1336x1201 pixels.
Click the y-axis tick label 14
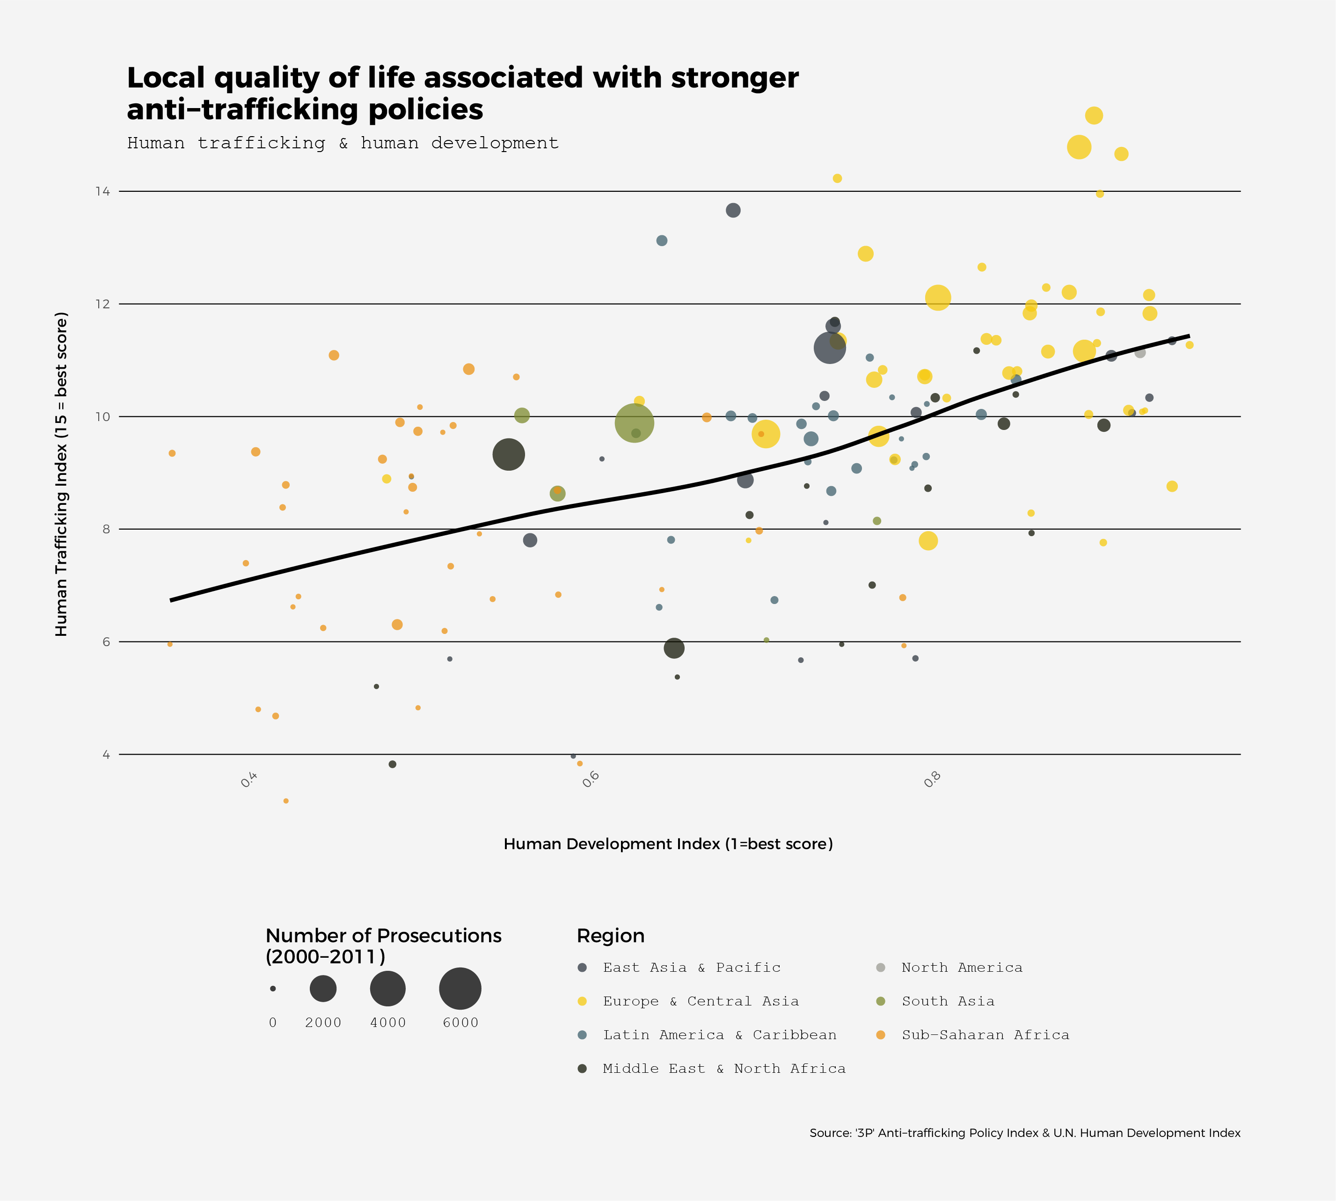click(x=102, y=191)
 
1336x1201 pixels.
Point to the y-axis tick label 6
click(x=106, y=642)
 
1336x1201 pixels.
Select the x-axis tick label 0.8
click(x=933, y=779)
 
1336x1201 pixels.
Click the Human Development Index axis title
click(x=668, y=844)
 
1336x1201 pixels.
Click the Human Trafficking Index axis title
click(x=61, y=474)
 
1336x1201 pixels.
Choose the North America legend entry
click(x=962, y=968)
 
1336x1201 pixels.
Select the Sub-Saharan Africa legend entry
click(x=985, y=1035)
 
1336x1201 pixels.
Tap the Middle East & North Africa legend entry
click(x=723, y=1069)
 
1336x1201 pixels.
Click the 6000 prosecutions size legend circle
click(x=460, y=989)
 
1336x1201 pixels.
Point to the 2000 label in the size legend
click(x=323, y=1023)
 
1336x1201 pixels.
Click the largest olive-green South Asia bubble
click(x=635, y=423)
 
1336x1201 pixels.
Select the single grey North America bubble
click(x=1140, y=352)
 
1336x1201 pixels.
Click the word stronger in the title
click(x=735, y=78)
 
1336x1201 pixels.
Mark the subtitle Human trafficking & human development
click(x=343, y=143)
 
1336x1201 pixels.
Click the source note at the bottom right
click(x=1024, y=1133)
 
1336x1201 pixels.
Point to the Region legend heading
click(x=611, y=936)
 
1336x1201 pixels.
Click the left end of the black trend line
click(x=172, y=600)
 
